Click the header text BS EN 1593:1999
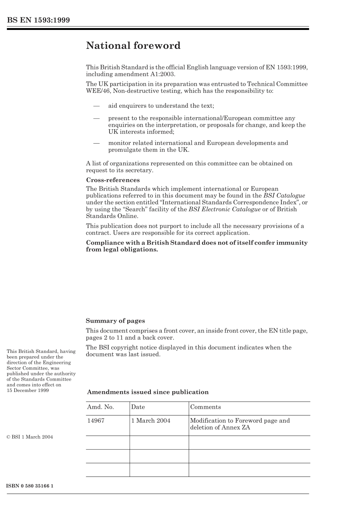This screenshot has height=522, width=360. coord(38,20)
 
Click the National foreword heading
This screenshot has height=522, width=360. coord(133,46)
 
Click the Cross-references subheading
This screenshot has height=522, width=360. coord(113,180)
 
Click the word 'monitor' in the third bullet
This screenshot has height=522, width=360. coord(119,143)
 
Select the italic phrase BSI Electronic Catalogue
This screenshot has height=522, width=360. coord(224,209)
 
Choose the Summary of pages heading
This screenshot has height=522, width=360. coord(115,321)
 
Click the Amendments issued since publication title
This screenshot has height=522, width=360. coord(148,392)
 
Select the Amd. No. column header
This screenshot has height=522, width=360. coord(100,407)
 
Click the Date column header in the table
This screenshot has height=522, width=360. coord(138,407)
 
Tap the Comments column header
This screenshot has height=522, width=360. coord(205,407)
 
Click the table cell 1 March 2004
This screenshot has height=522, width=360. coord(150,421)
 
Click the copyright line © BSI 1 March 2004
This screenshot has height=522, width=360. coord(30,437)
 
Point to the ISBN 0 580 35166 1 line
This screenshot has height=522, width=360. coord(30,486)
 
